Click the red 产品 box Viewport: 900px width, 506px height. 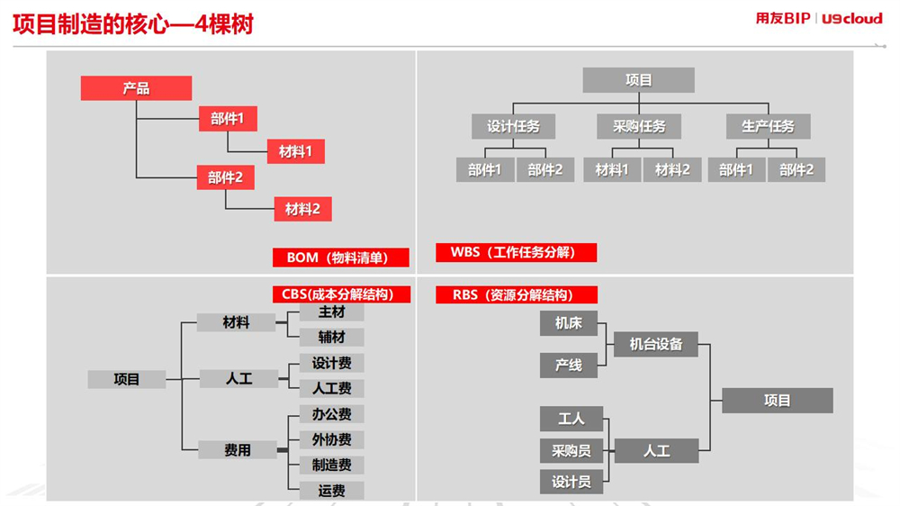[x=136, y=88]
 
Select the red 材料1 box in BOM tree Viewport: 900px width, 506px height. [x=295, y=151]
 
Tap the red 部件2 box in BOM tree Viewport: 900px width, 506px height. [x=225, y=177]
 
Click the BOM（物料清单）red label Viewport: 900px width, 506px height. [x=340, y=258]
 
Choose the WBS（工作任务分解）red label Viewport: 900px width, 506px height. [x=516, y=252]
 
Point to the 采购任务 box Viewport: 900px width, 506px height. [x=639, y=126]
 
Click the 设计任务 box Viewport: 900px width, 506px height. [x=513, y=126]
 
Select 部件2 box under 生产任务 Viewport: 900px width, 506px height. [x=796, y=170]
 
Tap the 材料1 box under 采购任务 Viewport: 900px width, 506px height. [x=612, y=170]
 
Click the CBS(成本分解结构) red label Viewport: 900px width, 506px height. [x=341, y=294]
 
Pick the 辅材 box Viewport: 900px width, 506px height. [x=332, y=337]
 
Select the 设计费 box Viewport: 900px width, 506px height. [x=332, y=363]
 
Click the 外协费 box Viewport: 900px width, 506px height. [x=332, y=440]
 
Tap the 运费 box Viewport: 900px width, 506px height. [x=332, y=491]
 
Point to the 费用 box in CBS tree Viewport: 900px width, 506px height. [x=238, y=449]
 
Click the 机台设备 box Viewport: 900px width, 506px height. [x=656, y=344]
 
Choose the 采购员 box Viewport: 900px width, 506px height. [x=571, y=451]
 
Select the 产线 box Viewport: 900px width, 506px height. [x=569, y=366]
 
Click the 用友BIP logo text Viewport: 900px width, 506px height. [x=782, y=18]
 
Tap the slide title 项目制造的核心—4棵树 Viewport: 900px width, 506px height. [x=133, y=24]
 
